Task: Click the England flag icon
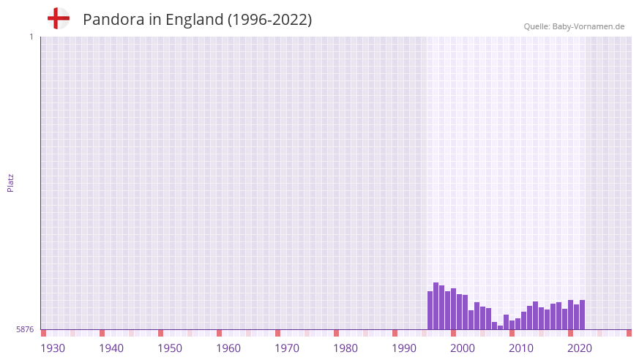coord(59,19)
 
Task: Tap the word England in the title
coord(195,20)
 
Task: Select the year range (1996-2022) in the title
coord(270,20)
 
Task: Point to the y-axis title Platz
coord(10,182)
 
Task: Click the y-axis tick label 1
coord(31,37)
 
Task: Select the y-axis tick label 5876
coord(25,330)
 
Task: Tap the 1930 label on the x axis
coord(53,348)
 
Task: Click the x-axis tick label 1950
coord(170,348)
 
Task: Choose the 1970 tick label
coord(287,348)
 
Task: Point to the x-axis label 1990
coord(404,348)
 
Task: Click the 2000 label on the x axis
coord(463,348)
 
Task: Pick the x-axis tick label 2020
coord(580,348)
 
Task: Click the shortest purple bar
coord(500,327)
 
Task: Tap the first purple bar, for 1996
coord(430,310)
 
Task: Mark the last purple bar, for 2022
coord(582,315)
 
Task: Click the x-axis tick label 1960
coord(228,348)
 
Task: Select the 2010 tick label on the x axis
coord(521,348)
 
